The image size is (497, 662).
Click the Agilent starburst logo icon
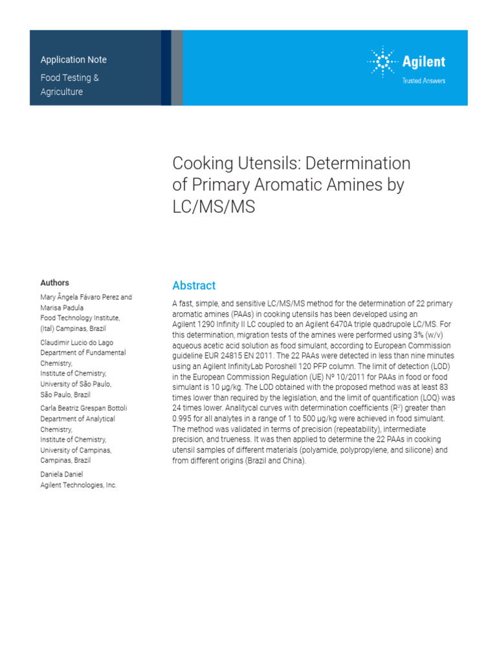pyautogui.click(x=382, y=62)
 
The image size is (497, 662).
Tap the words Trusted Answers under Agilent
pyautogui.click(x=424, y=81)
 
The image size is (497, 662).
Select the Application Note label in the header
pyautogui.click(x=74, y=59)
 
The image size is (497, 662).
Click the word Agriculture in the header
pyautogui.click(x=62, y=92)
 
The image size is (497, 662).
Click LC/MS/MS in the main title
pyautogui.click(x=214, y=206)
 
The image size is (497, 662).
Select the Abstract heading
pyautogui.click(x=193, y=286)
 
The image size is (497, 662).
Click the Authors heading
pyautogui.click(x=54, y=283)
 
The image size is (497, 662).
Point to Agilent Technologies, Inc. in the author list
pyautogui.click(x=78, y=485)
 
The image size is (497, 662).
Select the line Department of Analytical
pyautogui.click(x=78, y=419)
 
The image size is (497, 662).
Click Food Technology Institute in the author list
pyautogui.click(x=80, y=318)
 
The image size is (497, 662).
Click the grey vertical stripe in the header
pyautogui.click(x=177, y=67)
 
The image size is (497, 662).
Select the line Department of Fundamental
pyautogui.click(x=83, y=353)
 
